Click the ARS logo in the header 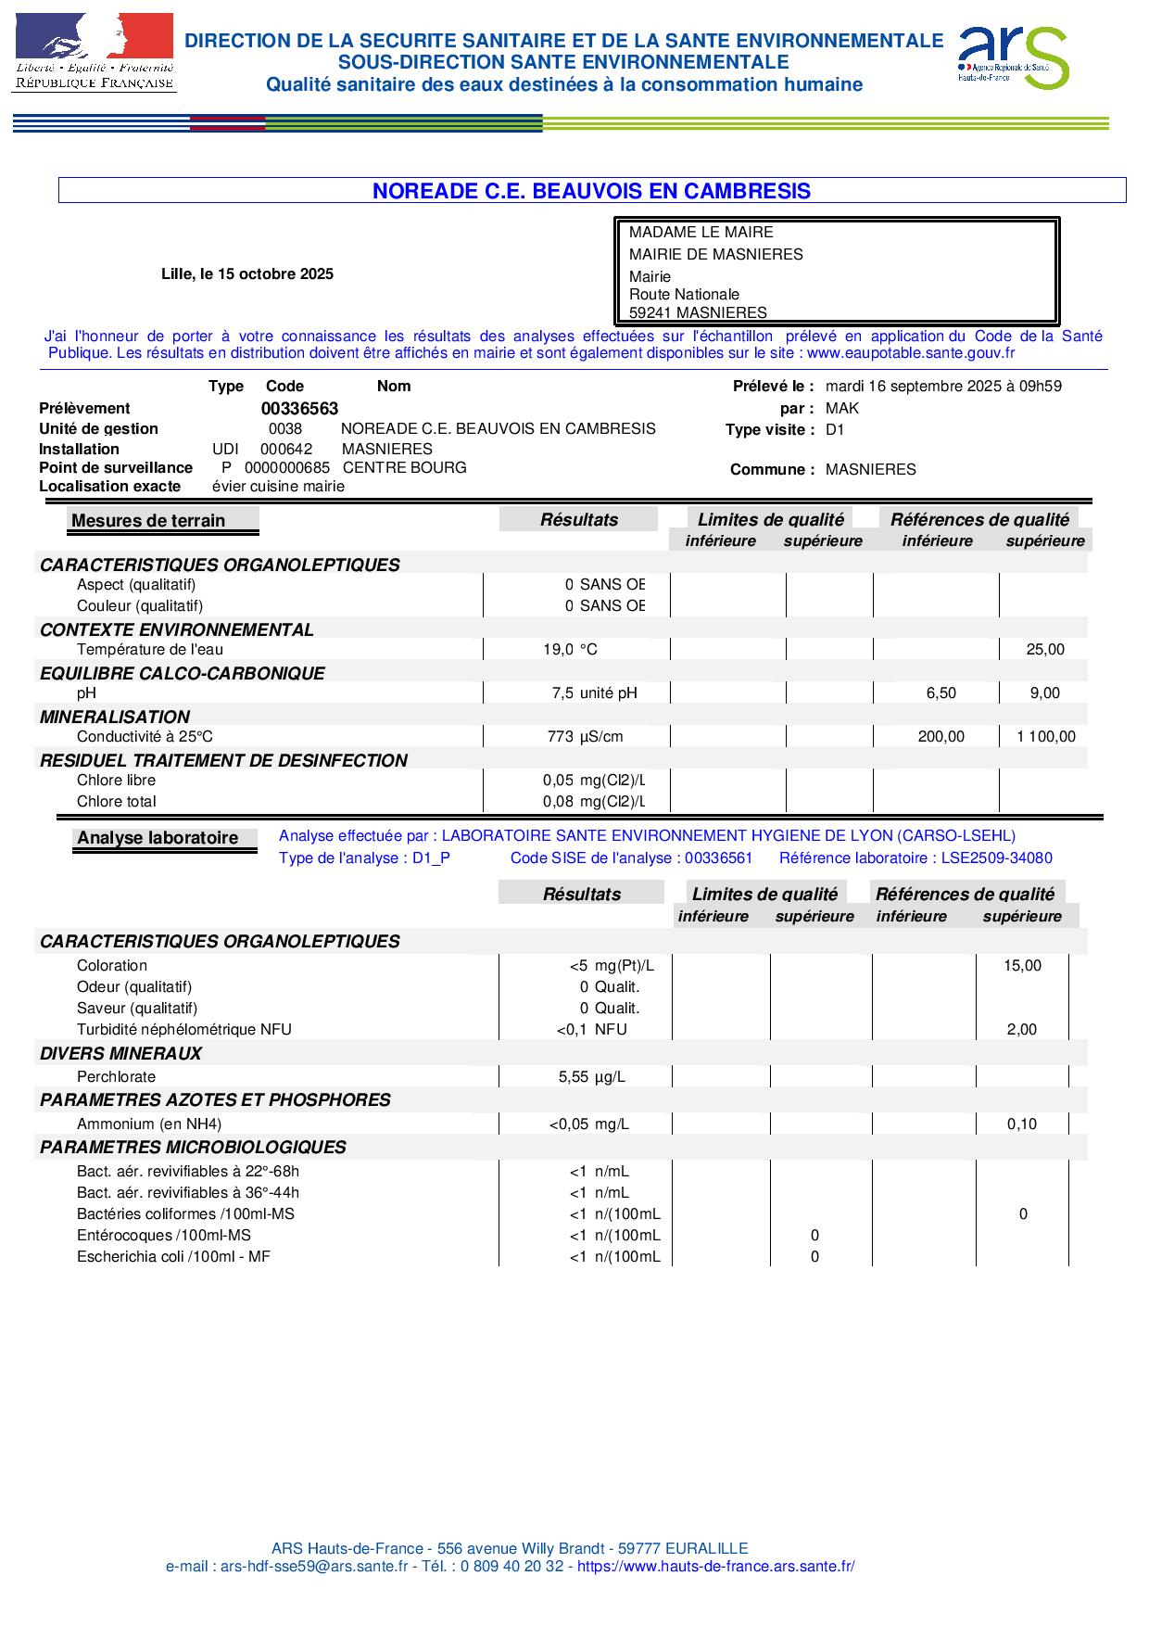pos(1012,57)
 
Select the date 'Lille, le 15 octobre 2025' pos(247,274)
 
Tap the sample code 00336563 pos(299,409)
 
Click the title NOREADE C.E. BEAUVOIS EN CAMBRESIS pos(591,191)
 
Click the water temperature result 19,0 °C pos(570,650)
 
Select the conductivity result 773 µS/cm pos(585,737)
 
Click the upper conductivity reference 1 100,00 pos(1045,737)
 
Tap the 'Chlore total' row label pos(117,802)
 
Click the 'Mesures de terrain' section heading pos(148,521)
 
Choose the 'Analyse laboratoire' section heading pos(158,838)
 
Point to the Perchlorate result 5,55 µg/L pos(591,1077)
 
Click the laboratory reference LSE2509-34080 pos(996,858)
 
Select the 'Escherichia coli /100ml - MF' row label pos(173,1257)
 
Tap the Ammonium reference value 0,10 pos(1022,1124)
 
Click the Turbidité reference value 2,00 pos(1022,1030)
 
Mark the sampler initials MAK pos(842,409)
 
